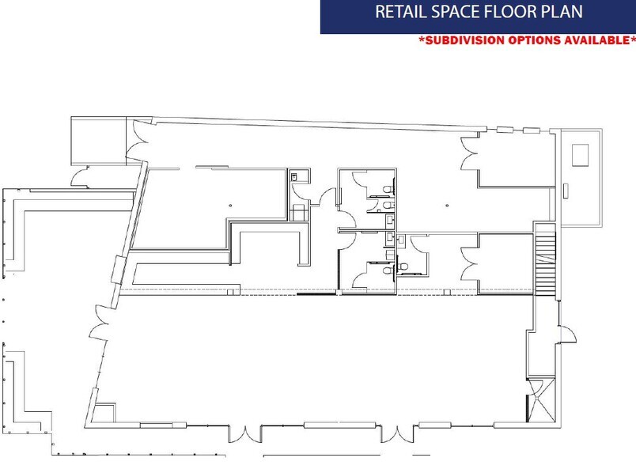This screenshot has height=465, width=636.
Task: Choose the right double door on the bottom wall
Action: [x=401, y=433]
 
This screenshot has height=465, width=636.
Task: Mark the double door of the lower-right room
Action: [x=470, y=262]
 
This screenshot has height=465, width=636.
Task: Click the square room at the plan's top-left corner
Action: [x=98, y=139]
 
